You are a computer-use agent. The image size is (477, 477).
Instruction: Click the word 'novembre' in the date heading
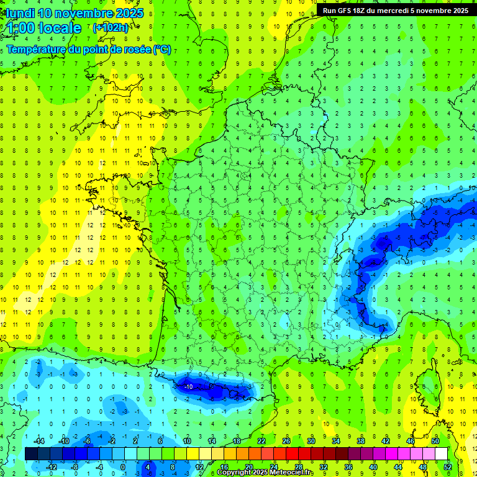point(85,13)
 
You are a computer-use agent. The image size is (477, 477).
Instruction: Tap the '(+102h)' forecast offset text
point(111,28)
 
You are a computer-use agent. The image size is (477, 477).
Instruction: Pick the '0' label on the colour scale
point(123,467)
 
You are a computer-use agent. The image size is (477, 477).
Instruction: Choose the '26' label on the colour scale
point(286,440)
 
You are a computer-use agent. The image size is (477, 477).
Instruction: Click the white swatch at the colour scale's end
point(441,454)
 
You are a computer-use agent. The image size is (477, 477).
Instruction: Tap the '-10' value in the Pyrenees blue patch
point(188,386)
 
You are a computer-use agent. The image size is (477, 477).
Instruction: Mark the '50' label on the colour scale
point(435,440)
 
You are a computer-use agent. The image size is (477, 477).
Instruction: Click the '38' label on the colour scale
point(361,440)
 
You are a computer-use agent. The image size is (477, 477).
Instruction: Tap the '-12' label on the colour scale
point(52,467)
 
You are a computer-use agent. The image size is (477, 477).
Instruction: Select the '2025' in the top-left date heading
point(130,13)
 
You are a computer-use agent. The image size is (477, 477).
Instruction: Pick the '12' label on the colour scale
point(199,467)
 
